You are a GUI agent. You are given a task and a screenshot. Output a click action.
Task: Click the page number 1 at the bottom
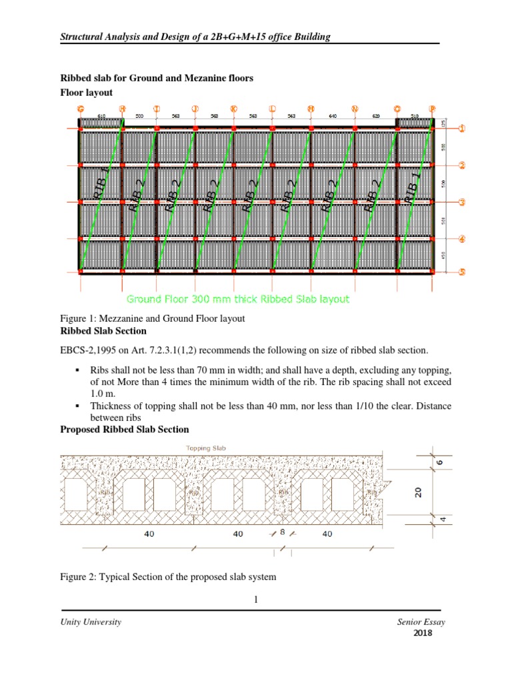pyautogui.click(x=255, y=600)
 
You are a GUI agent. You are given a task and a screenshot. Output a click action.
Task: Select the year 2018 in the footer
pyautogui.click(x=423, y=633)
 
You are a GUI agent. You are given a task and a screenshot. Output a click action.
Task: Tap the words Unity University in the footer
pyautogui.click(x=91, y=622)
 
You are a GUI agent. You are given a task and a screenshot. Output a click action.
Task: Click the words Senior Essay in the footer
pyautogui.click(x=420, y=622)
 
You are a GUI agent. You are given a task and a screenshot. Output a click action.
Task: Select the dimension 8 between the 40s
pyautogui.click(x=282, y=531)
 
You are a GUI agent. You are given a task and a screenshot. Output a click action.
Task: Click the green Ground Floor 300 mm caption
pyautogui.click(x=237, y=298)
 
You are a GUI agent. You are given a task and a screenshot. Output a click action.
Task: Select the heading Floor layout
pyautogui.click(x=86, y=93)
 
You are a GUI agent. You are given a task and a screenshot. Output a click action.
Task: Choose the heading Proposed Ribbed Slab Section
pyautogui.click(x=124, y=430)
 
